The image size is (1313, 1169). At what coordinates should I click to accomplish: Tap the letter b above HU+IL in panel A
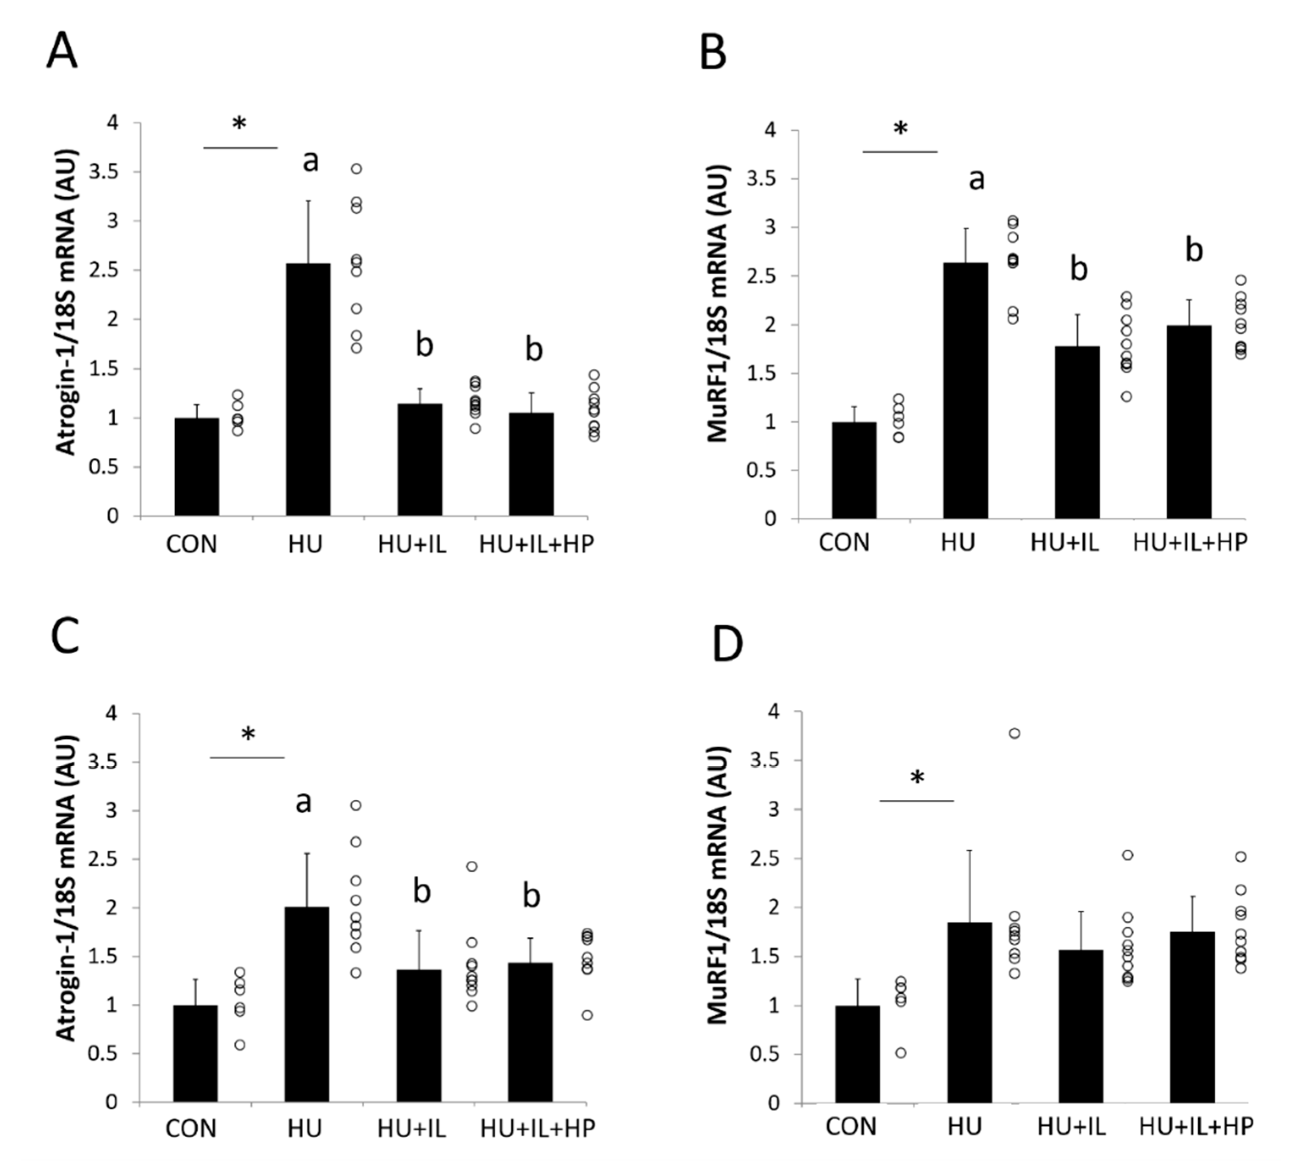pos(424,345)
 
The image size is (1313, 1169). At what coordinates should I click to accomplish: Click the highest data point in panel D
pos(1014,733)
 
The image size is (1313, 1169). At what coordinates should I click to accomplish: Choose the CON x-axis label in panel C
pos(191,1128)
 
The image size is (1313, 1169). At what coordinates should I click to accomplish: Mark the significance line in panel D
pos(917,801)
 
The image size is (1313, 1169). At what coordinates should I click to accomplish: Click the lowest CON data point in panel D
pos(901,1053)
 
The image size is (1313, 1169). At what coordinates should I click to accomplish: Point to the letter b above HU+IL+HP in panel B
pos(1194,251)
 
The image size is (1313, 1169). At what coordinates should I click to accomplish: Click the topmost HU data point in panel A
pos(356,169)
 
